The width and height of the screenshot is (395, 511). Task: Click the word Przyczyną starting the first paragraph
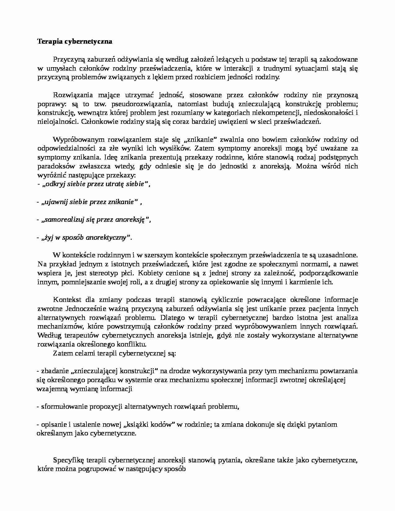(x=68, y=59)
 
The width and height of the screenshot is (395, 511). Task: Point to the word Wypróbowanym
(x=76, y=139)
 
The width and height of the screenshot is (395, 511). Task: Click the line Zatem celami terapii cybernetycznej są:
(x=114, y=353)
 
